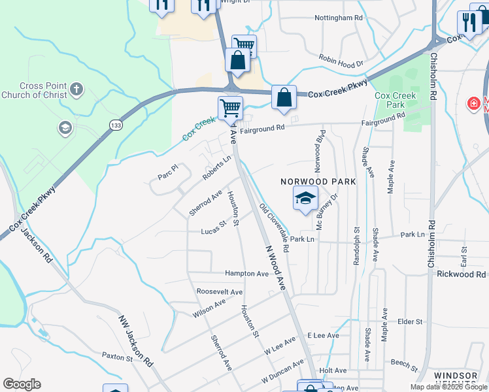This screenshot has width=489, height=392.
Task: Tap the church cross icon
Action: pyautogui.click(x=76, y=89)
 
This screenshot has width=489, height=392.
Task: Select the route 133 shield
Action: pyautogui.click(x=116, y=125)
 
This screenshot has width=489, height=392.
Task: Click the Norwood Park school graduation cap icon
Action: pyautogui.click(x=305, y=198)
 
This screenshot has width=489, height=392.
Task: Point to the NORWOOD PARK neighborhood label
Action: pyautogui.click(x=318, y=182)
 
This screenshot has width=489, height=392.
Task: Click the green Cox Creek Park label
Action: pyautogui.click(x=395, y=100)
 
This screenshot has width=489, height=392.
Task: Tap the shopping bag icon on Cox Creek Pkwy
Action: pyautogui.click(x=284, y=98)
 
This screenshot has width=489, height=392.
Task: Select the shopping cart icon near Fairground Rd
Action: pyautogui.click(x=230, y=107)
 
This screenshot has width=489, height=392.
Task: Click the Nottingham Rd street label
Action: pyautogui.click(x=338, y=18)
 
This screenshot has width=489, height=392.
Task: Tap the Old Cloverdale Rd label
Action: pyautogui.click(x=275, y=229)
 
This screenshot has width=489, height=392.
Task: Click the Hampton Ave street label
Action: pyautogui.click(x=246, y=274)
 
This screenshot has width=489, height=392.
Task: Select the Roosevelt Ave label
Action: pyautogui.click(x=220, y=292)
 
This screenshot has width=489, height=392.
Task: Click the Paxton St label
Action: pyautogui.click(x=117, y=357)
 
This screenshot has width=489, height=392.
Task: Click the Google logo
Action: pyautogui.click(x=22, y=384)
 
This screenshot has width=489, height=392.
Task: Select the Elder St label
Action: pyautogui.click(x=410, y=321)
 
